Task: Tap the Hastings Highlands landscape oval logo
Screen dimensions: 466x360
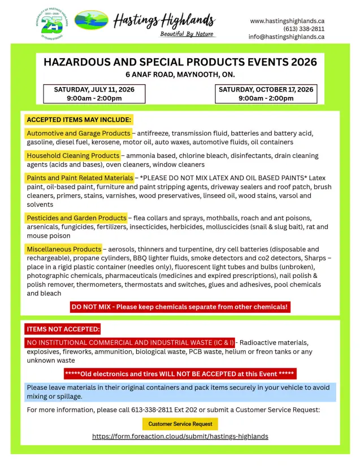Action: coord(92,21)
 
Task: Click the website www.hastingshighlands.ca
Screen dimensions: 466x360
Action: coord(287,21)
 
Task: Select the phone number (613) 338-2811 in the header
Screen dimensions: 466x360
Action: coord(303,29)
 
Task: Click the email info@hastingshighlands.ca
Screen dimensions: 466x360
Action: coord(286,37)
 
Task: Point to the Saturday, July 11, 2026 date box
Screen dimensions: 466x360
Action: coord(94,94)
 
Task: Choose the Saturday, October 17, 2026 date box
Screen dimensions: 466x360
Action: coord(266,94)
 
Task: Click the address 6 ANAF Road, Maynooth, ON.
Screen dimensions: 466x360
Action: coord(180,75)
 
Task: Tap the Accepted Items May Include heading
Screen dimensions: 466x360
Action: coord(79,120)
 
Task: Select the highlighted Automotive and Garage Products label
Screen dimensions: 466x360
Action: coord(78,133)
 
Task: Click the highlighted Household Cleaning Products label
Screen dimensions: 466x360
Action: coord(73,155)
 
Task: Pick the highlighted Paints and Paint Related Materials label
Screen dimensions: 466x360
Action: coord(79,178)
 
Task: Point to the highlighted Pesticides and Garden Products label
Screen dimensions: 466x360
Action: coord(76,218)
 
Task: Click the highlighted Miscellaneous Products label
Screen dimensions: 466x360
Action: coord(64,249)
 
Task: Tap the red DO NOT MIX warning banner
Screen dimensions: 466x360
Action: coord(180,307)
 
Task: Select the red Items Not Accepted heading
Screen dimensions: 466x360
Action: coord(63,329)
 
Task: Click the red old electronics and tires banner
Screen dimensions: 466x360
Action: coord(180,374)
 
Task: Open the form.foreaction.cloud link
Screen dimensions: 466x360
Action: coord(180,437)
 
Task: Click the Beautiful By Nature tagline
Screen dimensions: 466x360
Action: coord(187,34)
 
